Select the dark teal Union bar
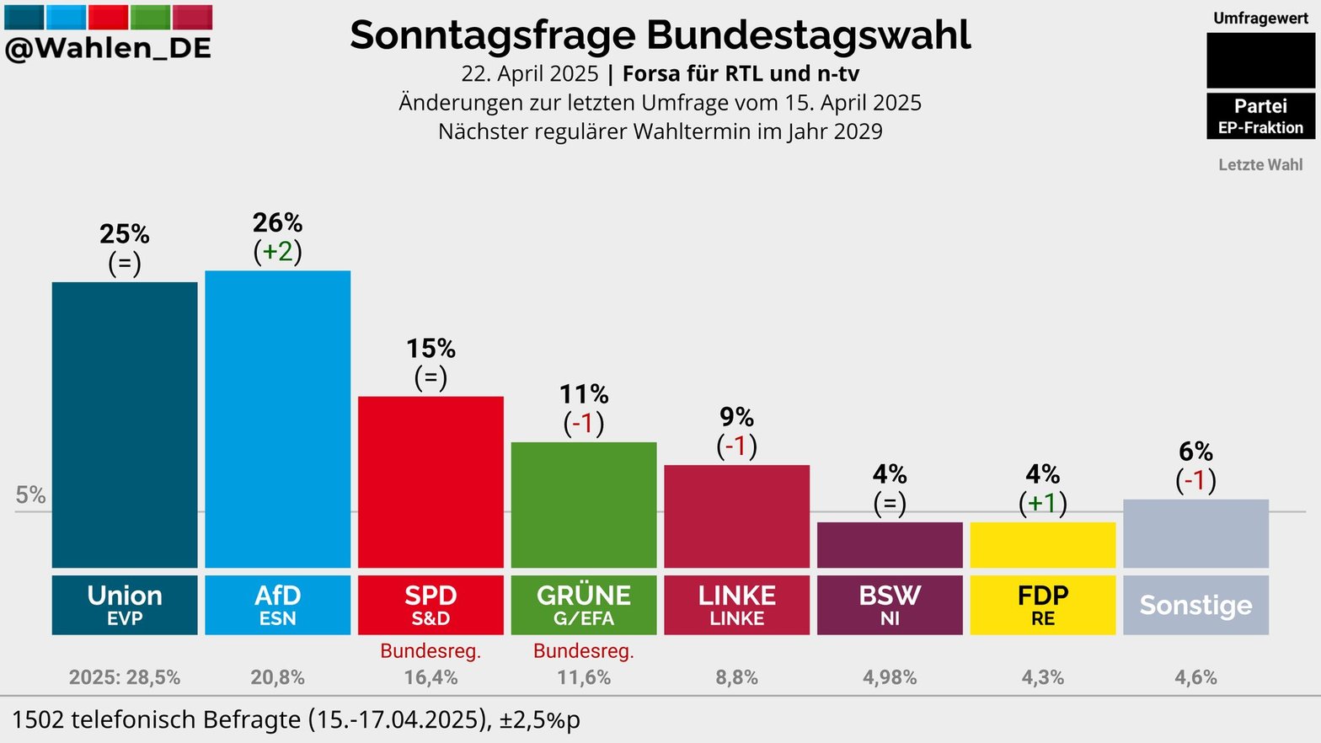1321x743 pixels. tap(125, 425)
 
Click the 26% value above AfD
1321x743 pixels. tap(277, 222)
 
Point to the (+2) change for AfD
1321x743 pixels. tap(277, 251)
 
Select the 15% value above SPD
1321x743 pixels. tap(431, 348)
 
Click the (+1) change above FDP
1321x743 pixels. tap(1043, 503)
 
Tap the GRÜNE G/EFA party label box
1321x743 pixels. tap(584, 605)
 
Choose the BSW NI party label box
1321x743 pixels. tap(890, 605)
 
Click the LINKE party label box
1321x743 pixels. tap(737, 605)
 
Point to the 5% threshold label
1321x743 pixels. tap(30, 494)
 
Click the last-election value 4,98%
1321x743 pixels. tap(890, 677)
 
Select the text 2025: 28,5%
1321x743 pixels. tap(125, 677)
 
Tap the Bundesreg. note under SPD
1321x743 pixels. tap(431, 650)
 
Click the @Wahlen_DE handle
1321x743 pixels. tap(108, 49)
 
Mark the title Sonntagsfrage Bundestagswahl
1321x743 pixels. tap(660, 35)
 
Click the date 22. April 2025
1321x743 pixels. tap(529, 74)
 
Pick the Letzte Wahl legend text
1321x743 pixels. tap(1260, 165)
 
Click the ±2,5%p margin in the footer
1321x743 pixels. tap(539, 720)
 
